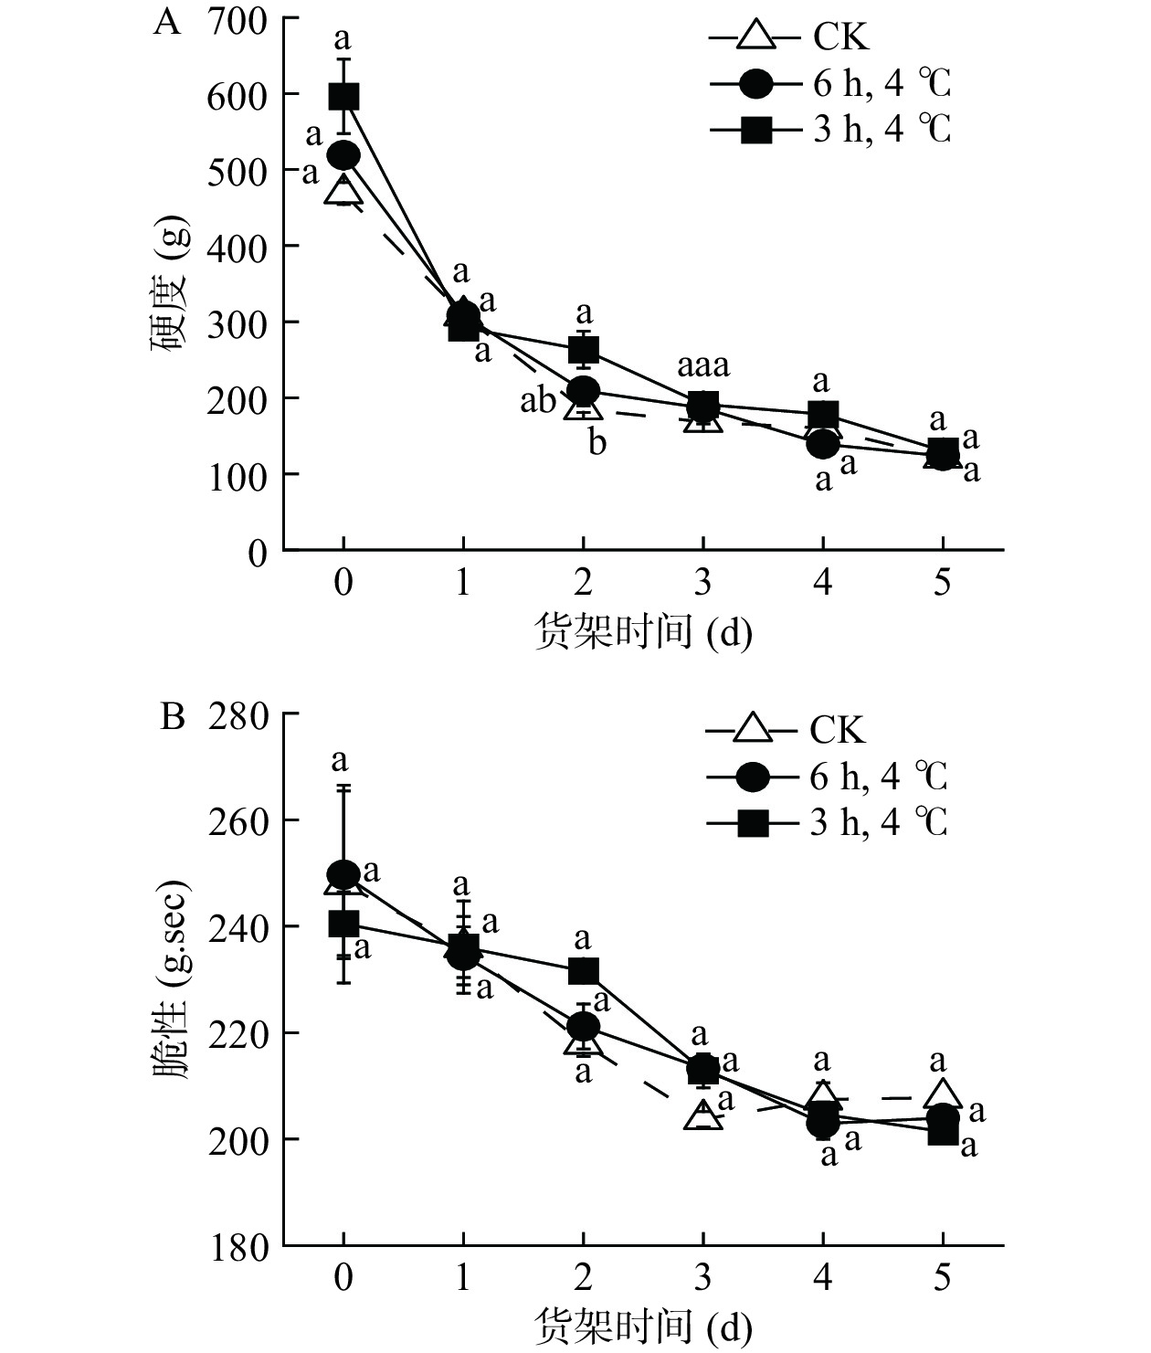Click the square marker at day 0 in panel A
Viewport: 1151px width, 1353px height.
point(343,96)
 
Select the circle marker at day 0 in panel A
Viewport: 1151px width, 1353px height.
point(343,155)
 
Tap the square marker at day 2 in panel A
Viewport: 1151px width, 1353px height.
point(584,349)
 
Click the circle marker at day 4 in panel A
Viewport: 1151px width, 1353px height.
point(823,445)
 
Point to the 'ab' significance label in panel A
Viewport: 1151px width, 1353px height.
point(538,400)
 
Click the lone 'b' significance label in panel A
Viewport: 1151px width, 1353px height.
point(597,443)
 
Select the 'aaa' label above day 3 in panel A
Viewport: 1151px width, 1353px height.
point(702,366)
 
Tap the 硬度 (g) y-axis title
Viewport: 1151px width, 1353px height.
point(170,284)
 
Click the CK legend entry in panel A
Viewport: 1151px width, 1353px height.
point(790,37)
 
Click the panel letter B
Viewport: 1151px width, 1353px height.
point(173,717)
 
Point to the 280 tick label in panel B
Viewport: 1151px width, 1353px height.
point(238,714)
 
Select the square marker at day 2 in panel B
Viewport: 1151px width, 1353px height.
point(584,970)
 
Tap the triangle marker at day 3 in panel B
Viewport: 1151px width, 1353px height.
point(703,1115)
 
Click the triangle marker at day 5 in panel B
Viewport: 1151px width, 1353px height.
point(943,1094)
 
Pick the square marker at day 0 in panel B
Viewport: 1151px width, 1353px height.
point(343,924)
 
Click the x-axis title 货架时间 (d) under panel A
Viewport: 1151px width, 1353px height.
point(643,632)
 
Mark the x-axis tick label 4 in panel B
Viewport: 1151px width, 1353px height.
point(823,1277)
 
